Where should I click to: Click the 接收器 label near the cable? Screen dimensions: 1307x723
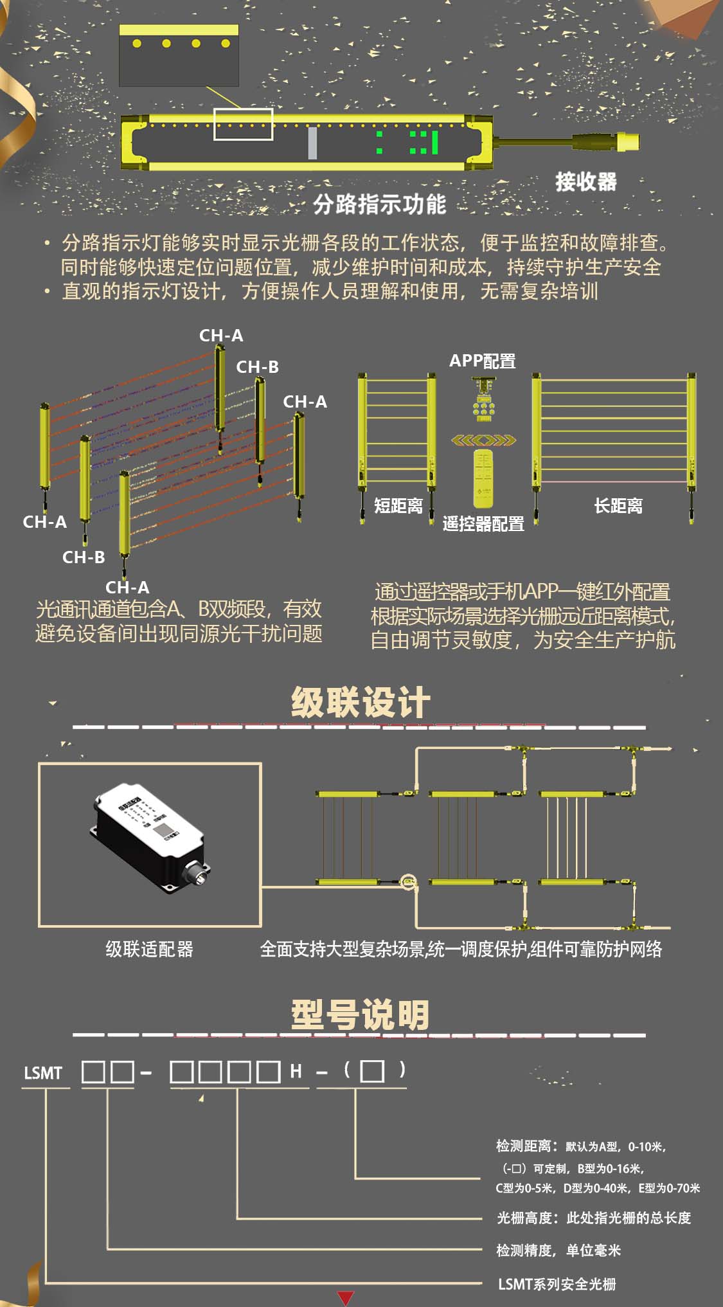click(x=585, y=182)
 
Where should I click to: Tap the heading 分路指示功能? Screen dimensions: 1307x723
click(x=379, y=204)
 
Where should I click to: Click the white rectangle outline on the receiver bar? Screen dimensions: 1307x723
click(x=244, y=124)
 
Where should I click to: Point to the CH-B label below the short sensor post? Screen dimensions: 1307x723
click(x=84, y=557)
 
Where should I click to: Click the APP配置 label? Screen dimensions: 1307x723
click(x=482, y=361)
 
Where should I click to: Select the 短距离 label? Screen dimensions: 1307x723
click(x=398, y=506)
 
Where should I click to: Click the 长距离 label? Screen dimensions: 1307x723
click(x=618, y=506)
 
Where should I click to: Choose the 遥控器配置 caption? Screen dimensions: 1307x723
click(x=483, y=524)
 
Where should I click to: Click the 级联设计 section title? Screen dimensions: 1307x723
click(x=361, y=702)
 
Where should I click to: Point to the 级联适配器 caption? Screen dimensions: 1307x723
click(x=149, y=949)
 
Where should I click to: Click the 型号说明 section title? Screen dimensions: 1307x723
click(x=360, y=1015)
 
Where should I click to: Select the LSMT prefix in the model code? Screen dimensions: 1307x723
click(x=43, y=1073)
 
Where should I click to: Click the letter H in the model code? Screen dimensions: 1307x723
click(x=296, y=1071)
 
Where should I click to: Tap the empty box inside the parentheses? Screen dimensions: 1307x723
click(x=372, y=1071)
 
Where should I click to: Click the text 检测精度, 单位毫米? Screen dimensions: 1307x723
click(x=558, y=1250)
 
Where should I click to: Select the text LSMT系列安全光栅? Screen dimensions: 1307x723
click(x=557, y=1284)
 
